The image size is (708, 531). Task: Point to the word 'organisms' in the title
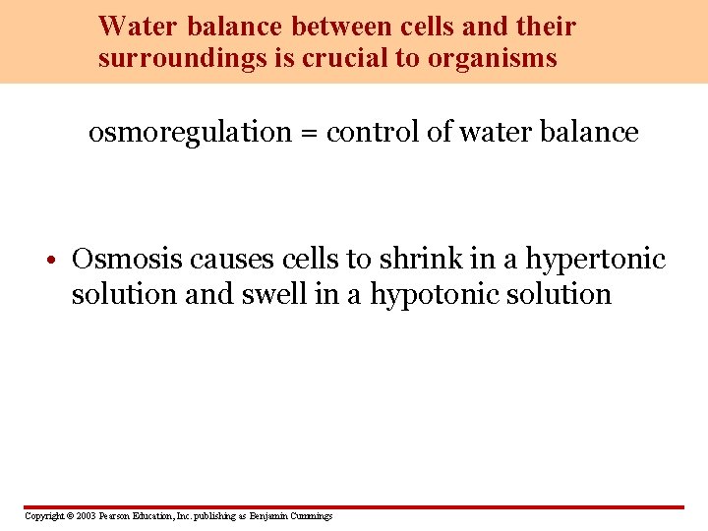click(492, 59)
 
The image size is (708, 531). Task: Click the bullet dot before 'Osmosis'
click(60, 262)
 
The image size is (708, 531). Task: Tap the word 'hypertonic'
click(596, 261)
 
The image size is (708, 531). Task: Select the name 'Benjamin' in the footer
click(268, 516)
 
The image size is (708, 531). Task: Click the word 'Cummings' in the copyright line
click(311, 516)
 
